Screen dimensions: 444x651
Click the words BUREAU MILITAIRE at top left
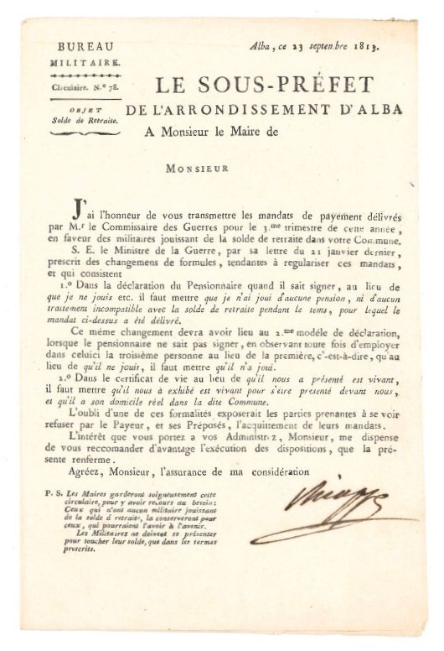(x=85, y=55)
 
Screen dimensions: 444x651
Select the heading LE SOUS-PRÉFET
(x=263, y=85)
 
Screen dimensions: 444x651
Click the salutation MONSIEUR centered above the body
(x=197, y=168)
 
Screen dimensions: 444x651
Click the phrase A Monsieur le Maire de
(x=210, y=131)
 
